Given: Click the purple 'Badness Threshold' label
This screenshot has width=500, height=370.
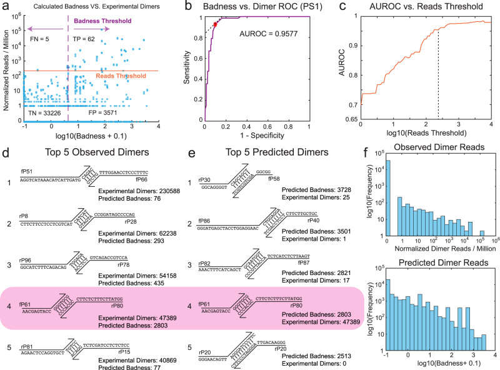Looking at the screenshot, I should point(102,21).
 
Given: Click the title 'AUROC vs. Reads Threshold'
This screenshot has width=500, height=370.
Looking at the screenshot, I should point(425,7).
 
